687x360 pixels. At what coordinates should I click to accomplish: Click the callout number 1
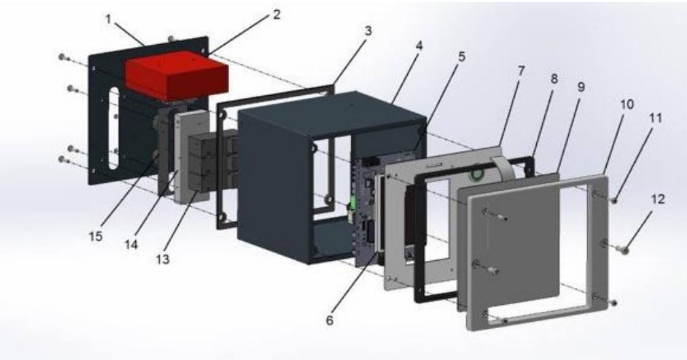pos(108,20)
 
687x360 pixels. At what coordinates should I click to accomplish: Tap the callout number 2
pos(276,14)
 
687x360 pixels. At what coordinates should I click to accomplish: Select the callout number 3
pos(368,31)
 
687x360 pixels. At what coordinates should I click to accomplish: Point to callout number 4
pos(419,46)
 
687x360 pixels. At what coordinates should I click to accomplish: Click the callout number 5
pos(462,56)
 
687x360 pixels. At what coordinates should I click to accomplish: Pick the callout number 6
pos(330,320)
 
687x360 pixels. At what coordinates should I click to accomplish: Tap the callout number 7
pos(521,71)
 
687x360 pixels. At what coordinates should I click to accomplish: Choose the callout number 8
pos(554,79)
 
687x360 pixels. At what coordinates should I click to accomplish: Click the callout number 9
pos(581,87)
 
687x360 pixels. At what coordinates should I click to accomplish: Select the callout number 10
pos(627,105)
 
